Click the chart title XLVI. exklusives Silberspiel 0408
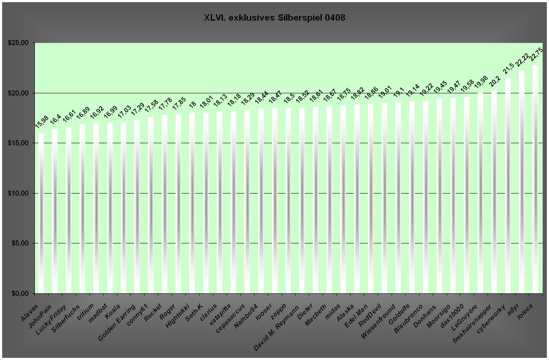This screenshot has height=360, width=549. tap(274, 18)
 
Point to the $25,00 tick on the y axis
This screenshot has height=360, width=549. tap(19, 43)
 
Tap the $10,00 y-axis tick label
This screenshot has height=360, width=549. tap(19, 194)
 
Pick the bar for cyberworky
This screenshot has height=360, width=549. tap(508, 185)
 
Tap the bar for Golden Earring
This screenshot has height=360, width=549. tap(137, 206)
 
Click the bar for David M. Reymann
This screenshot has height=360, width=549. tap(302, 200)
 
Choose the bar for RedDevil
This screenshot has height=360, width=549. tap(384, 198)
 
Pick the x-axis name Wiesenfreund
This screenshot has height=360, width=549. tap(379, 321)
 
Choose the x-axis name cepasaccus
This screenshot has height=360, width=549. tap(231, 318)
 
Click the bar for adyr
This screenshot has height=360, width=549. tap(521, 182)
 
